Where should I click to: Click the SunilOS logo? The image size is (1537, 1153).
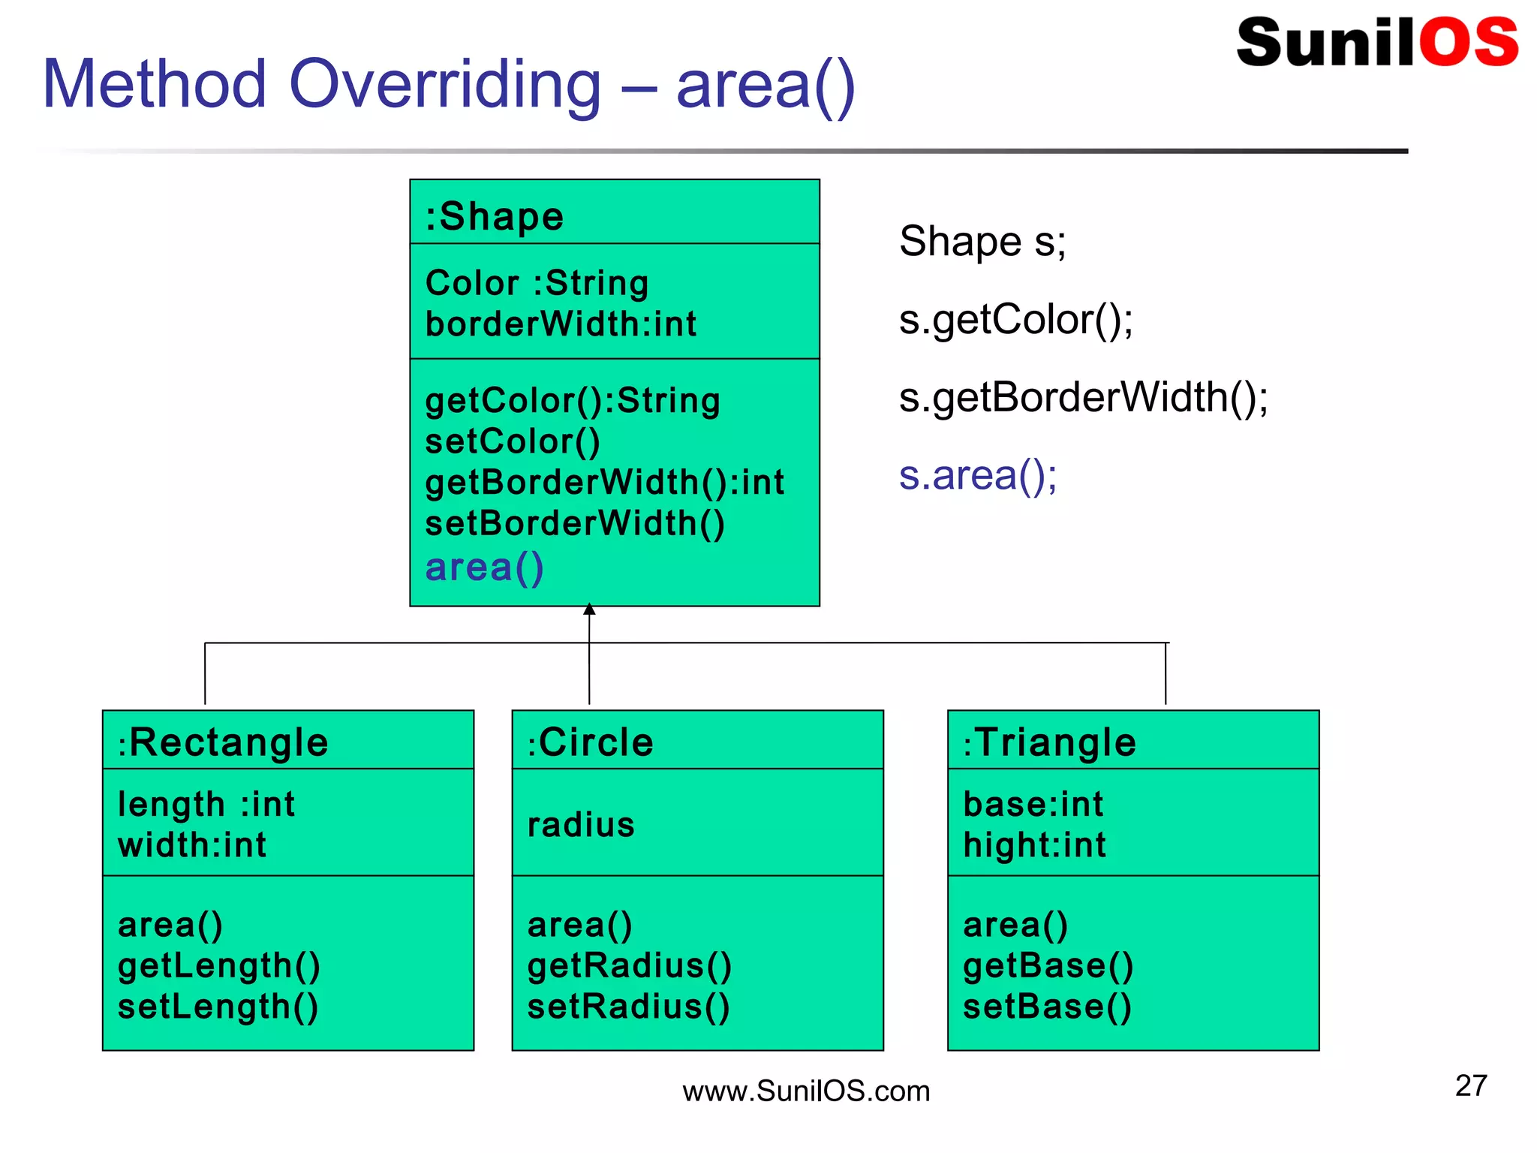tap(1376, 43)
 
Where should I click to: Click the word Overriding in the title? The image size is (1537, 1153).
tap(444, 84)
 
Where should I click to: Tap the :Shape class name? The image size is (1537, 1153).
tap(494, 217)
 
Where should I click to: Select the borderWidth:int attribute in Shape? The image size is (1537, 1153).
tap(561, 324)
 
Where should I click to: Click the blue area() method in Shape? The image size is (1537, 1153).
tap(484, 567)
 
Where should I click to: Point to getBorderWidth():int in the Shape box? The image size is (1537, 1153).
tap(604, 483)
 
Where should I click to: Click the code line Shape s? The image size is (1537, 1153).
tap(982, 242)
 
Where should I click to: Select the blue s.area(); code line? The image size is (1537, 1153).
tap(978, 476)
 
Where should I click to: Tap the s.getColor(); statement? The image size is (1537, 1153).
tap(1015, 320)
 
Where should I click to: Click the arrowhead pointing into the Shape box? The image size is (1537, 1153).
tap(589, 610)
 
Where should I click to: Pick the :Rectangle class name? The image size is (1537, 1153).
tap(223, 742)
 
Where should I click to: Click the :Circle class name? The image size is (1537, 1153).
tap(590, 742)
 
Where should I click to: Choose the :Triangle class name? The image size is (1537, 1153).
tap(1049, 742)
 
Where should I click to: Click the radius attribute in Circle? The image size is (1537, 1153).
tap(581, 825)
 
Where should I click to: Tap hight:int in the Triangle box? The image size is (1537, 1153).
tap(1034, 845)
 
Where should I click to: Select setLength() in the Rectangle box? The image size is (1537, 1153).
tap(218, 1007)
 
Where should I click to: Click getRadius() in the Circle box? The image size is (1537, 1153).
tap(629, 966)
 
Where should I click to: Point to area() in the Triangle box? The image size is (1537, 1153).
tap(1015, 925)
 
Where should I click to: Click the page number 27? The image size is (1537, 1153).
tap(1470, 1085)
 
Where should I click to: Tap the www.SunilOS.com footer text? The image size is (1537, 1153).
tap(805, 1091)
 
